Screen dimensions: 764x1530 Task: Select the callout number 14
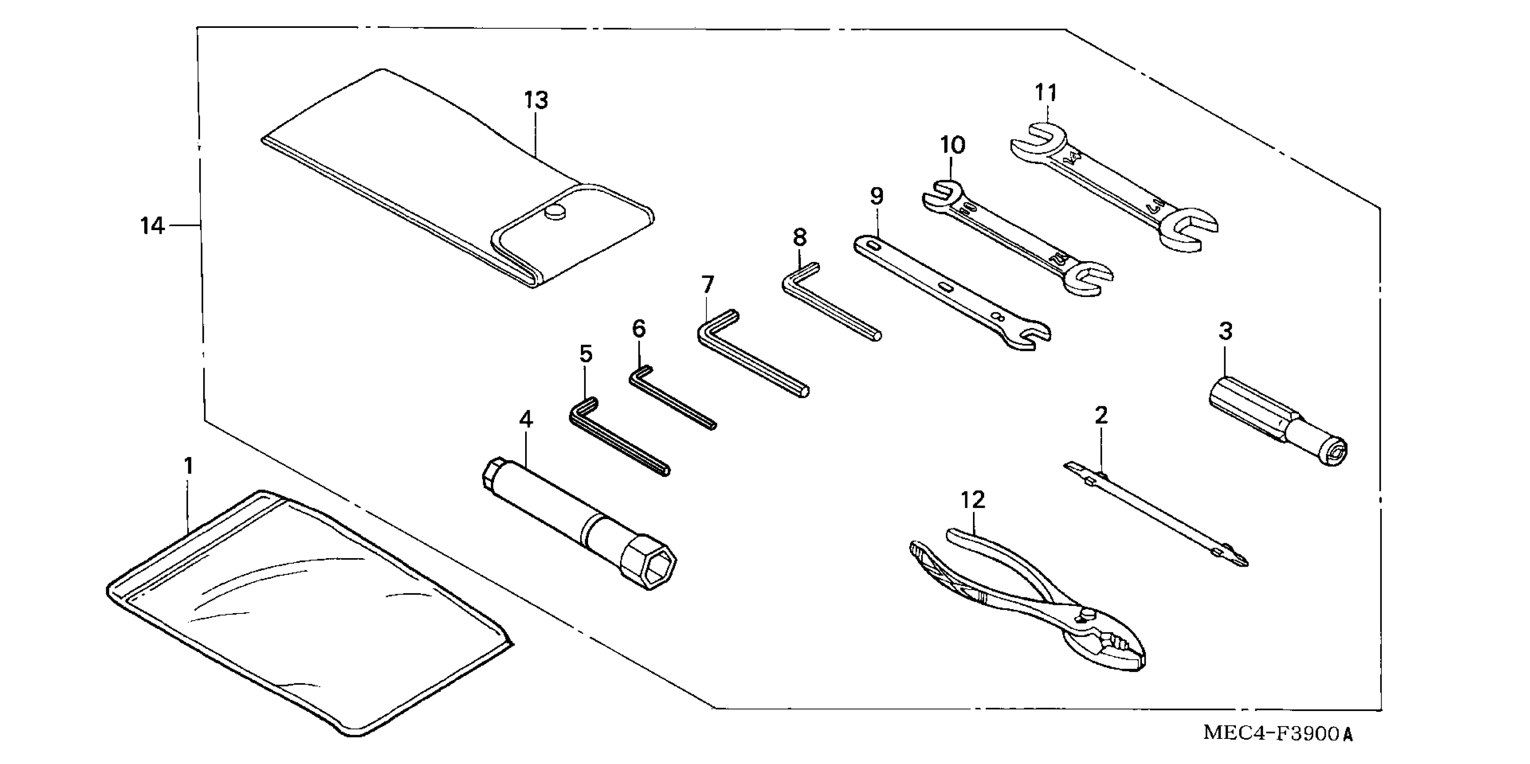coord(152,226)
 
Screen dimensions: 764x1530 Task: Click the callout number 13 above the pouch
coord(536,100)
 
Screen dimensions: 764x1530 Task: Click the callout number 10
coord(953,145)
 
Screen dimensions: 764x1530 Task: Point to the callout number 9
coord(877,196)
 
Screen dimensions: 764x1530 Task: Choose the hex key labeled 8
coord(831,303)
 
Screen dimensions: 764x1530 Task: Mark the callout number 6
coord(638,328)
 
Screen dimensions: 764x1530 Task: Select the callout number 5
coord(586,355)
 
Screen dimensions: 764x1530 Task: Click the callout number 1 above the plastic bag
coord(188,466)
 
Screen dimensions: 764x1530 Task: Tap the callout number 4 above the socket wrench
coord(526,420)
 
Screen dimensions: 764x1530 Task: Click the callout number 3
coord(1225,331)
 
